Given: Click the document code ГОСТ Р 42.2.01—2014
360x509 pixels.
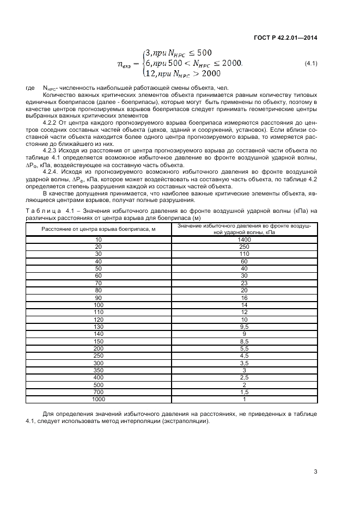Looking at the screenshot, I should click(x=286, y=37).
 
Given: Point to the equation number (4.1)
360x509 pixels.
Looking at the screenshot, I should click(x=311, y=64).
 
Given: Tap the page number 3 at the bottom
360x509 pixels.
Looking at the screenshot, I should click(x=315, y=472).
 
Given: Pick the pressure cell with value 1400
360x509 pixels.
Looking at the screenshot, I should click(x=244, y=239).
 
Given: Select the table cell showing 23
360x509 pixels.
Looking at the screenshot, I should click(x=244, y=283).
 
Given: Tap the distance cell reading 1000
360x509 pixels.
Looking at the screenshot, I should click(x=99, y=399).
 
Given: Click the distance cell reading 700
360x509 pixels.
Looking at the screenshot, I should click(x=99, y=392).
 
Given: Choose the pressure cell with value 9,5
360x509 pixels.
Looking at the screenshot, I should click(x=244, y=327).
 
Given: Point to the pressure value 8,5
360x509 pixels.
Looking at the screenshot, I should click(x=244, y=341).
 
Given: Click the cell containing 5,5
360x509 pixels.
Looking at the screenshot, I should click(x=244, y=348).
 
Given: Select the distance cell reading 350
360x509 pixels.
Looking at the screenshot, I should click(x=99, y=370).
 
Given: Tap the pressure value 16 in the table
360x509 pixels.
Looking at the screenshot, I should click(x=244, y=297).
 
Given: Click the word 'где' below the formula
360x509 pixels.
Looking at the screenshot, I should click(x=30, y=88).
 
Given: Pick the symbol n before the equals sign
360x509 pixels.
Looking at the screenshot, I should click(x=123, y=64).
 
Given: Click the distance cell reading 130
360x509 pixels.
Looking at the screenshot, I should click(x=99, y=327).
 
